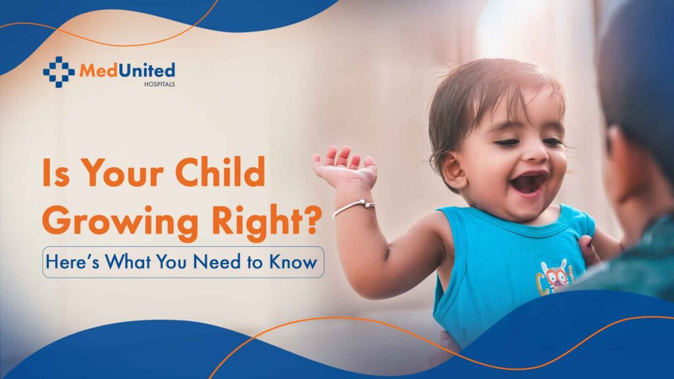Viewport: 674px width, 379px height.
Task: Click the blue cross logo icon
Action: pos(59,72)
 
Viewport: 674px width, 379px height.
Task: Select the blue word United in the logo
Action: pos(147,70)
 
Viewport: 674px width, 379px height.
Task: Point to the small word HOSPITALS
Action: pos(159,84)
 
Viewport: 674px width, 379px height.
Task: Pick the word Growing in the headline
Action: pos(120,221)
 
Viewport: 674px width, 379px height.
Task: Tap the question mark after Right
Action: pos(313,218)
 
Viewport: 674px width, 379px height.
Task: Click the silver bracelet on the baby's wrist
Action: pos(353,207)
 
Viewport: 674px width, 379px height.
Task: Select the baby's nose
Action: pos(536,152)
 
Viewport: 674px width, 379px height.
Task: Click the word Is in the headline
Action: pos(56,172)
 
